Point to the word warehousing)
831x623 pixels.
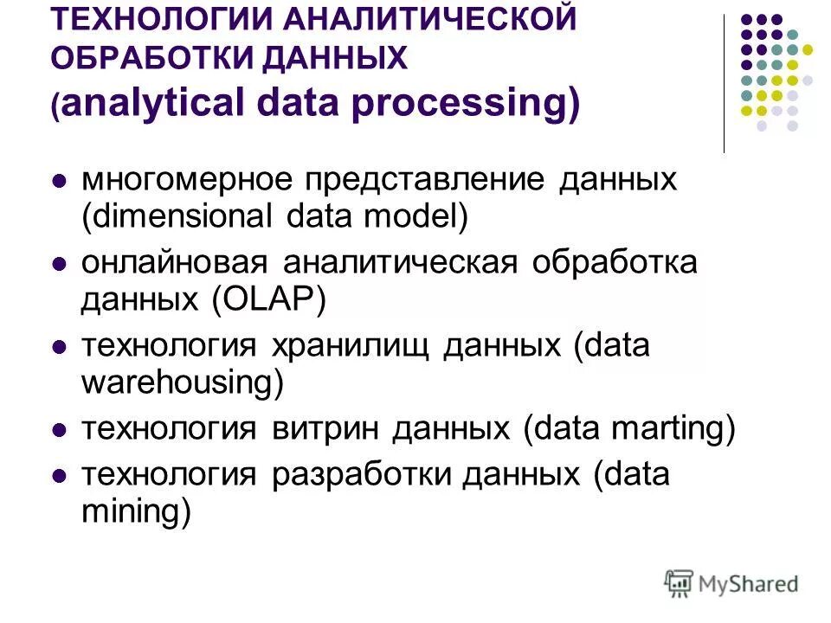[183, 382]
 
